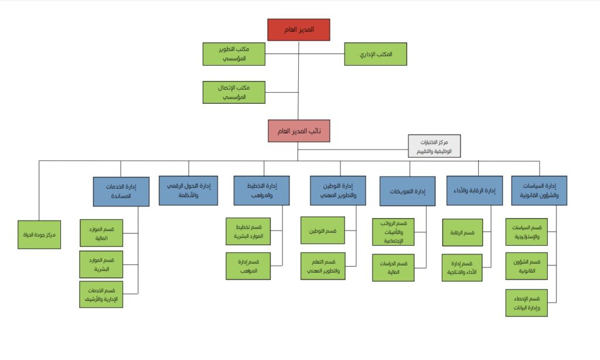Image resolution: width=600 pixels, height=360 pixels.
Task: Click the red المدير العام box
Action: coord(299,30)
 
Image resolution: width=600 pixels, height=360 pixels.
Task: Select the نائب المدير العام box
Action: coord(299,131)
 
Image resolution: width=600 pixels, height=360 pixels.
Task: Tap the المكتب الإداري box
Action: coord(375,54)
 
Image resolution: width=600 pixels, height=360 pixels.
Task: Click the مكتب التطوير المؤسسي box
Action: coord(234,54)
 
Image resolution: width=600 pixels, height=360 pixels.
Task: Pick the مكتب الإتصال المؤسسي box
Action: coord(234,92)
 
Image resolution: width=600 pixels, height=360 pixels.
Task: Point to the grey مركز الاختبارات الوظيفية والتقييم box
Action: coord(434,146)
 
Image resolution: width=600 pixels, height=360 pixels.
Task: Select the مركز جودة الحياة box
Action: coord(39,235)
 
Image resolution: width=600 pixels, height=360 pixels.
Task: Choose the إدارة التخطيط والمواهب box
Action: coord(261,191)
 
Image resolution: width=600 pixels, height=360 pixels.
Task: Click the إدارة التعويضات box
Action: coord(407,191)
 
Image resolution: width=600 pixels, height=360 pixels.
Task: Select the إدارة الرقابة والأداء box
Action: coord(474,191)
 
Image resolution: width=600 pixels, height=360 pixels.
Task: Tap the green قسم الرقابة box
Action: coord(462,233)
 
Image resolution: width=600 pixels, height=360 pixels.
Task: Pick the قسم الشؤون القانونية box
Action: coord(526,266)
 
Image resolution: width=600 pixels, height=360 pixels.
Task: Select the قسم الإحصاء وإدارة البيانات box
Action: coord(526,303)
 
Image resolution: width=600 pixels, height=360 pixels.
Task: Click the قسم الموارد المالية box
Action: coord(101,233)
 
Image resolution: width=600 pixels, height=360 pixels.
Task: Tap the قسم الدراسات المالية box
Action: coord(393,267)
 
